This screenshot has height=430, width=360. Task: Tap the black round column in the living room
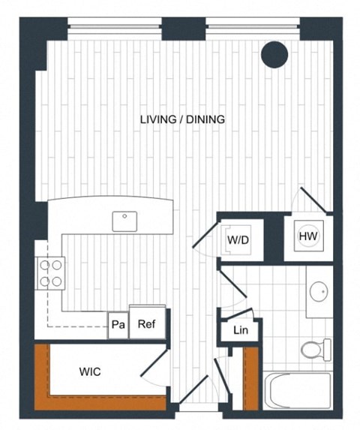pyautogui.click(x=275, y=53)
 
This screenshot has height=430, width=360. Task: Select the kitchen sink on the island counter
pyautogui.click(x=124, y=221)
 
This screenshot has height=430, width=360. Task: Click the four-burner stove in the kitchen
pyautogui.click(x=49, y=273)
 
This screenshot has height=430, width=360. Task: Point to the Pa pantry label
pyautogui.click(x=118, y=326)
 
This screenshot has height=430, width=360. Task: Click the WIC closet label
pyautogui.click(x=90, y=371)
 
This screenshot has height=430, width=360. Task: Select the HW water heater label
pyautogui.click(x=307, y=236)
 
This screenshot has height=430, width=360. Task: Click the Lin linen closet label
pyautogui.click(x=240, y=330)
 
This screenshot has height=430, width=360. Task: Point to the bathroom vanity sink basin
pyautogui.click(x=319, y=290)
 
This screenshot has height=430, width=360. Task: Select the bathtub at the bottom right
pyautogui.click(x=298, y=390)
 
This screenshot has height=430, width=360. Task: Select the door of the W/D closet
pyautogui.click(x=205, y=234)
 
